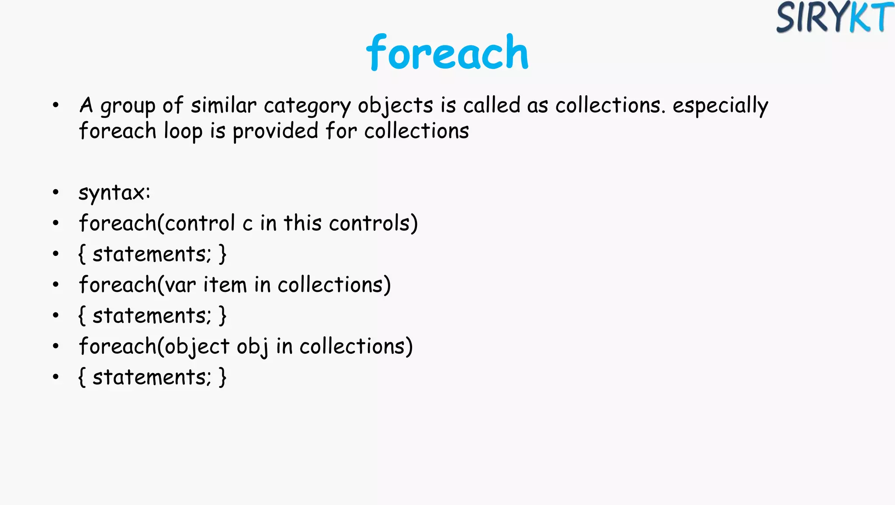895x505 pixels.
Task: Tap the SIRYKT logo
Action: pyautogui.click(x=835, y=17)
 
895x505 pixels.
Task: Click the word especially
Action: pyautogui.click(x=720, y=106)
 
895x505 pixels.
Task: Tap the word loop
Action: pyautogui.click(x=183, y=131)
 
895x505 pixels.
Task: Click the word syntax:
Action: pyautogui.click(x=114, y=193)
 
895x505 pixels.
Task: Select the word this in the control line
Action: pyautogui.click(x=302, y=223)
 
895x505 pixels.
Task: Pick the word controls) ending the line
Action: pyautogui.click(x=373, y=223)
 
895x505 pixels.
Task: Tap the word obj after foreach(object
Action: pyautogui.click(x=252, y=347)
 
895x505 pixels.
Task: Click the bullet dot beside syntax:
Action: pyautogui.click(x=56, y=192)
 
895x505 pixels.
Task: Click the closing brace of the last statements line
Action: pyautogui.click(x=222, y=377)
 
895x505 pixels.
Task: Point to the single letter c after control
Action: pyautogui.click(x=247, y=224)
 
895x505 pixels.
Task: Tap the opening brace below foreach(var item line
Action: pyautogui.click(x=82, y=315)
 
